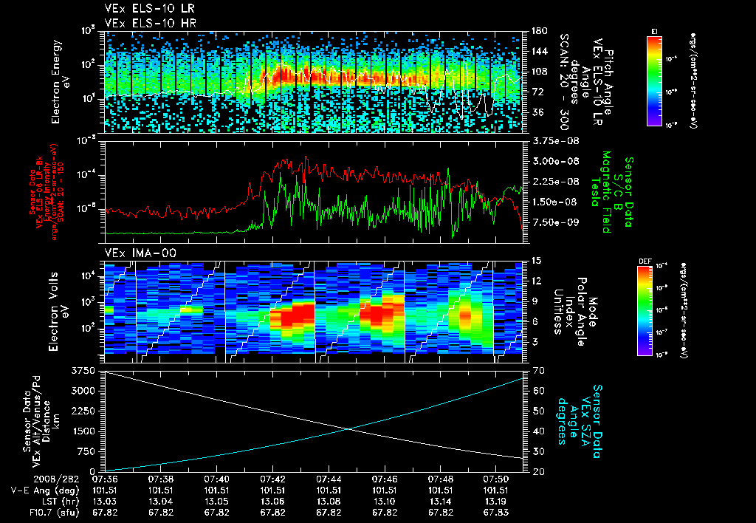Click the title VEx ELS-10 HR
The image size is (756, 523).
click(144, 23)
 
